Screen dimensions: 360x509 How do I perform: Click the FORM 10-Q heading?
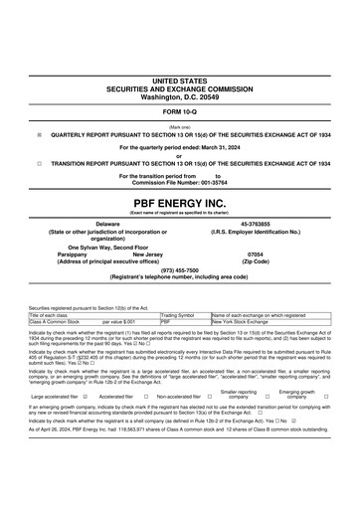(179, 111)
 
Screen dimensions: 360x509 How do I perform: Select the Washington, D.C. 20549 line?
(179, 97)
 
